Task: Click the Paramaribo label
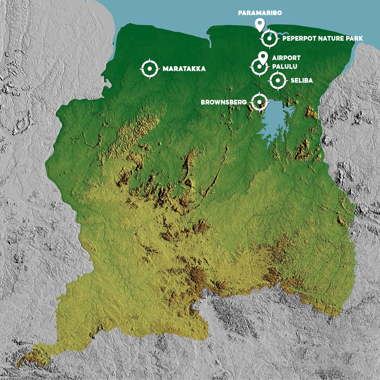(260, 13)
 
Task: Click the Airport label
(286, 58)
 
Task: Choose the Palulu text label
(284, 67)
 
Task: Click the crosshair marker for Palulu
(259, 67)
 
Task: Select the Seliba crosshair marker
(278, 81)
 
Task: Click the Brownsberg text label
(224, 102)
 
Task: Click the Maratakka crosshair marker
(150, 69)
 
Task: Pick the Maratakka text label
(184, 69)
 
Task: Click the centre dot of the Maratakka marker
(150, 69)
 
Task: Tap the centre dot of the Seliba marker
(278, 81)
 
